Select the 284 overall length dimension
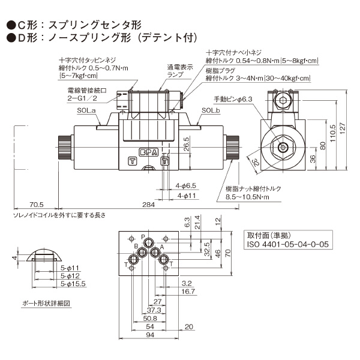point(148,205)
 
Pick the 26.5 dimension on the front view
point(186,146)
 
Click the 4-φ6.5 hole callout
point(187,187)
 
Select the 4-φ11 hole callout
point(186,196)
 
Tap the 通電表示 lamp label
point(179,71)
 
